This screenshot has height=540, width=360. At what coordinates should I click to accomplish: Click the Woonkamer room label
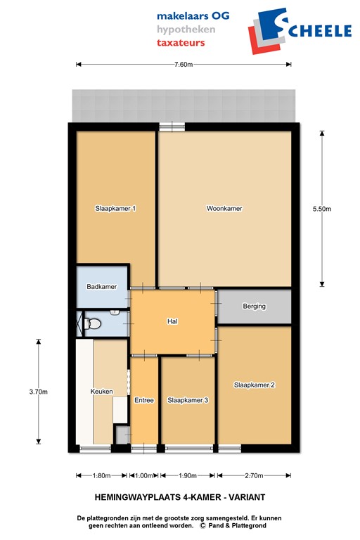[224, 208]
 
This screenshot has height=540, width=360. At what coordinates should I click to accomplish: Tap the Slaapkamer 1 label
[115, 208]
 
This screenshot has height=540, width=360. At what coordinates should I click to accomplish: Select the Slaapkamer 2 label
[254, 385]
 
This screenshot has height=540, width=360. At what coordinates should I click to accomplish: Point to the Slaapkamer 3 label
[188, 400]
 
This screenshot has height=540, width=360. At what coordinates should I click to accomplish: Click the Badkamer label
[101, 287]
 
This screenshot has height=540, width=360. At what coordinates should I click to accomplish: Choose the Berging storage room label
[254, 307]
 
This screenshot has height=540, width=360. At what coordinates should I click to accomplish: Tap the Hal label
[172, 321]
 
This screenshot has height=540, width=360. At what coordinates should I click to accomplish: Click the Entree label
[144, 400]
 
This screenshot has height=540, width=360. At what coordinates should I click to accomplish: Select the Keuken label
[101, 392]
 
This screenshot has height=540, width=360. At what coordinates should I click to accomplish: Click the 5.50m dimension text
[321, 208]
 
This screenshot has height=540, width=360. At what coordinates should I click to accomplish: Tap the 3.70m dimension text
[39, 392]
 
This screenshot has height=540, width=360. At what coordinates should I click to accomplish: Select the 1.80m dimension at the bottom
[102, 475]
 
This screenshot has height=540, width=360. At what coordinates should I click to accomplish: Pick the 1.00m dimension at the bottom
[143, 475]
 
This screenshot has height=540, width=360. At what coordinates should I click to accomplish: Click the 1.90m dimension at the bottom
[188, 475]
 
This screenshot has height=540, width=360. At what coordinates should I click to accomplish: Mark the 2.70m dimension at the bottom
[254, 475]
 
